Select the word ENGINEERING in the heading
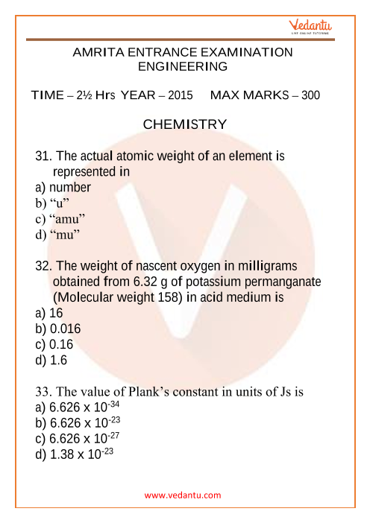(x=184, y=67)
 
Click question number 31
(x=44, y=157)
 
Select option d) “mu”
(x=57, y=234)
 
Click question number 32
(x=44, y=266)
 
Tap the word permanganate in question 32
(x=279, y=282)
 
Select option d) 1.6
(x=51, y=360)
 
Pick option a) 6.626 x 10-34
(x=78, y=408)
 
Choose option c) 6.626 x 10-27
(x=78, y=439)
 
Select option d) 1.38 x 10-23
(x=74, y=454)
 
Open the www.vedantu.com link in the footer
(x=184, y=495)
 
